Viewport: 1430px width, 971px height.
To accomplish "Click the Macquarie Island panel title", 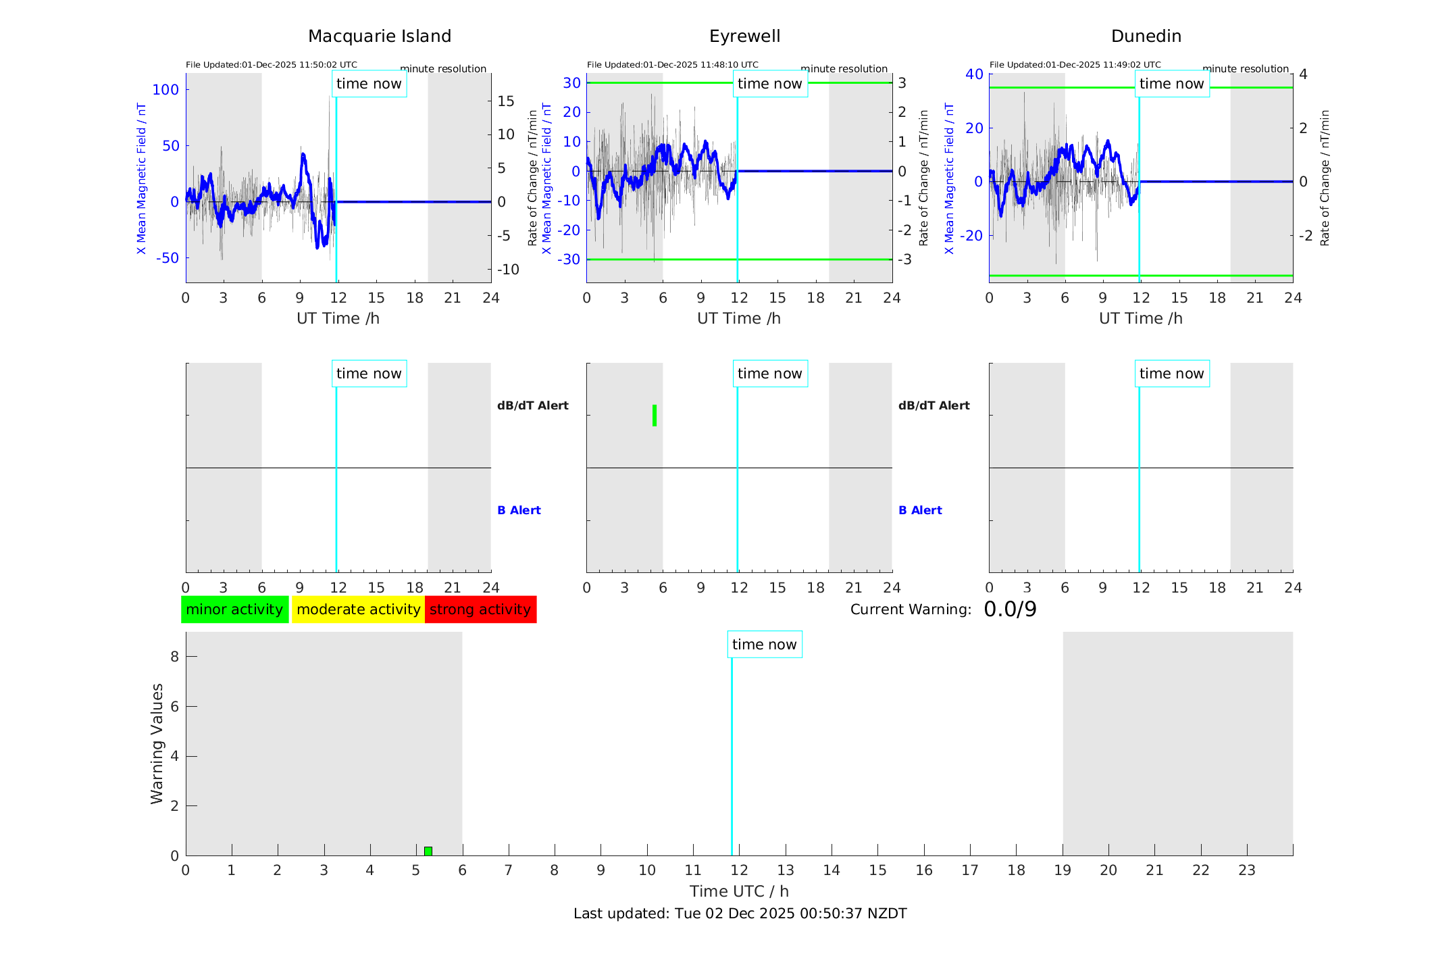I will tap(380, 36).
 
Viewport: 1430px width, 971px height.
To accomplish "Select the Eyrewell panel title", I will tap(744, 36).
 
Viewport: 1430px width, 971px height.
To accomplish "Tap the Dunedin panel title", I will tap(1146, 36).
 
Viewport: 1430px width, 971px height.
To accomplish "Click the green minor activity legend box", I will tap(234, 609).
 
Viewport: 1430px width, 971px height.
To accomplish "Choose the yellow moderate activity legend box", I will tap(358, 609).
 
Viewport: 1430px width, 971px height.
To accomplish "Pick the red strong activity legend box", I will tap(480, 609).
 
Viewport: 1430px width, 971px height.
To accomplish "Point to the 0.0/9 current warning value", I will tap(1010, 609).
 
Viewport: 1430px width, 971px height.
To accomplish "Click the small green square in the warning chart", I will tap(428, 851).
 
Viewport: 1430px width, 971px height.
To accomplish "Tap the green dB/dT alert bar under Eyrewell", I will tap(655, 416).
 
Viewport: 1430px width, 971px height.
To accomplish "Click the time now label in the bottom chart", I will tap(764, 645).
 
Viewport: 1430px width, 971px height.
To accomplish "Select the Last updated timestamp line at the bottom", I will tap(740, 914).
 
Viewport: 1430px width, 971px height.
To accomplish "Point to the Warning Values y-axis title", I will tap(157, 743).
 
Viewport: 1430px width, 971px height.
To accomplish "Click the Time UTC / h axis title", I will tap(739, 891).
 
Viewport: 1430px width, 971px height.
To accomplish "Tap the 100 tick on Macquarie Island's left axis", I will tap(165, 90).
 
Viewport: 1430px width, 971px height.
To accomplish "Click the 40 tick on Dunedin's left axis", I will tap(974, 74).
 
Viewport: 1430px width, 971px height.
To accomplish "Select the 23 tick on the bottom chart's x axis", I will tap(1246, 870).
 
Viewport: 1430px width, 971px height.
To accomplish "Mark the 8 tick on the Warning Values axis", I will tap(174, 656).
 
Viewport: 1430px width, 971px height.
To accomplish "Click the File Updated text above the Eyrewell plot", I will tap(672, 65).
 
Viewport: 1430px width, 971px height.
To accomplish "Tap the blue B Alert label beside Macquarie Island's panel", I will tap(519, 510).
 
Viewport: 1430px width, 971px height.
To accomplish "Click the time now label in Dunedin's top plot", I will tap(1171, 84).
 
